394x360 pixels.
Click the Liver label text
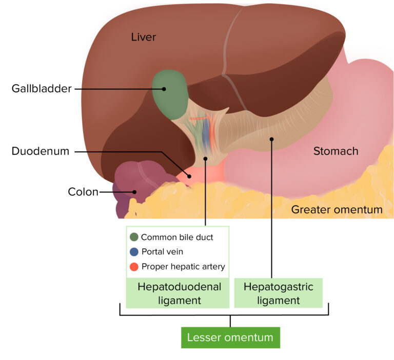pyautogui.click(x=143, y=37)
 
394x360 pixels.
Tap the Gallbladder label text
pyautogui.click(x=42, y=89)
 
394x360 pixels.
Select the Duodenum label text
pyautogui.click(x=40, y=152)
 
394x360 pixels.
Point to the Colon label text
pyautogui.click(x=83, y=192)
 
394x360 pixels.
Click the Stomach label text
pyautogui.click(x=336, y=151)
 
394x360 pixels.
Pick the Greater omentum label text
pyautogui.click(x=337, y=210)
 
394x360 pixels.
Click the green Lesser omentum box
pyautogui.click(x=230, y=337)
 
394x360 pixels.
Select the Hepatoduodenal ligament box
pyautogui.click(x=179, y=293)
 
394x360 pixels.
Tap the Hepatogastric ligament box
pyautogui.click(x=278, y=293)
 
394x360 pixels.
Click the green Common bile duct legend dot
pyautogui.click(x=134, y=237)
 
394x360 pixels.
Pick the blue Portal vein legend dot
pyautogui.click(x=134, y=252)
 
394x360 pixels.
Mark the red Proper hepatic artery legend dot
pyautogui.click(x=134, y=267)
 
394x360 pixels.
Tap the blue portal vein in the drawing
pyautogui.click(x=206, y=133)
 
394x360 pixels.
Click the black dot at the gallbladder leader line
pyautogui.click(x=164, y=89)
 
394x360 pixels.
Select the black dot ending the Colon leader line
pyautogui.click(x=135, y=192)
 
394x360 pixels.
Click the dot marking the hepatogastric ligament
pyautogui.click(x=272, y=138)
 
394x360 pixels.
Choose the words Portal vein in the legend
pyautogui.click(x=162, y=252)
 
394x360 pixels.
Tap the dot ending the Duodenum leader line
pyautogui.click(x=189, y=176)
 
